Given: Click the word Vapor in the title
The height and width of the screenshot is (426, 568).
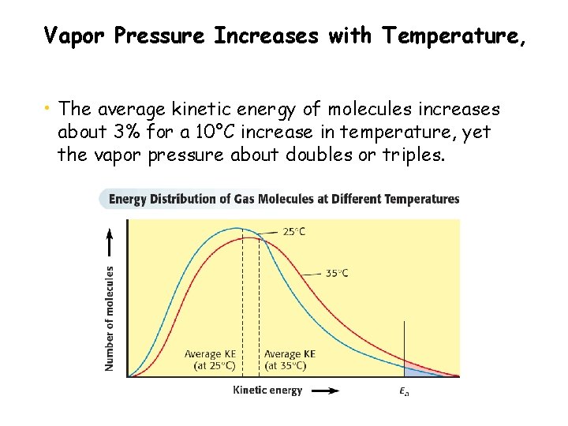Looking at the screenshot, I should click(x=69, y=35).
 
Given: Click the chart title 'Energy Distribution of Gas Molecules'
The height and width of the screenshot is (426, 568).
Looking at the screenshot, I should click(x=283, y=199).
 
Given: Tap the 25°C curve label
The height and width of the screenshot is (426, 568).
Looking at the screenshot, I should click(x=293, y=232).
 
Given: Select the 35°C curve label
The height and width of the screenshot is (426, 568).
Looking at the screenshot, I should click(x=338, y=273).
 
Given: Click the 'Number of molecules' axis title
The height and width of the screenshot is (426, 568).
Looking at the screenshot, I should click(x=110, y=317).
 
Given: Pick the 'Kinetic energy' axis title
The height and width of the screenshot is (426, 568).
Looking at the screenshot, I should click(x=267, y=390).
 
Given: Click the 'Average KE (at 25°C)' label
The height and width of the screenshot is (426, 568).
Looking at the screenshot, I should click(x=210, y=359).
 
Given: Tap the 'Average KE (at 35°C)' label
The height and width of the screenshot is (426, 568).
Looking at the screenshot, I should click(x=290, y=359).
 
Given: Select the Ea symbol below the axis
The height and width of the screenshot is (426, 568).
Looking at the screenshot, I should click(x=404, y=392).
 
